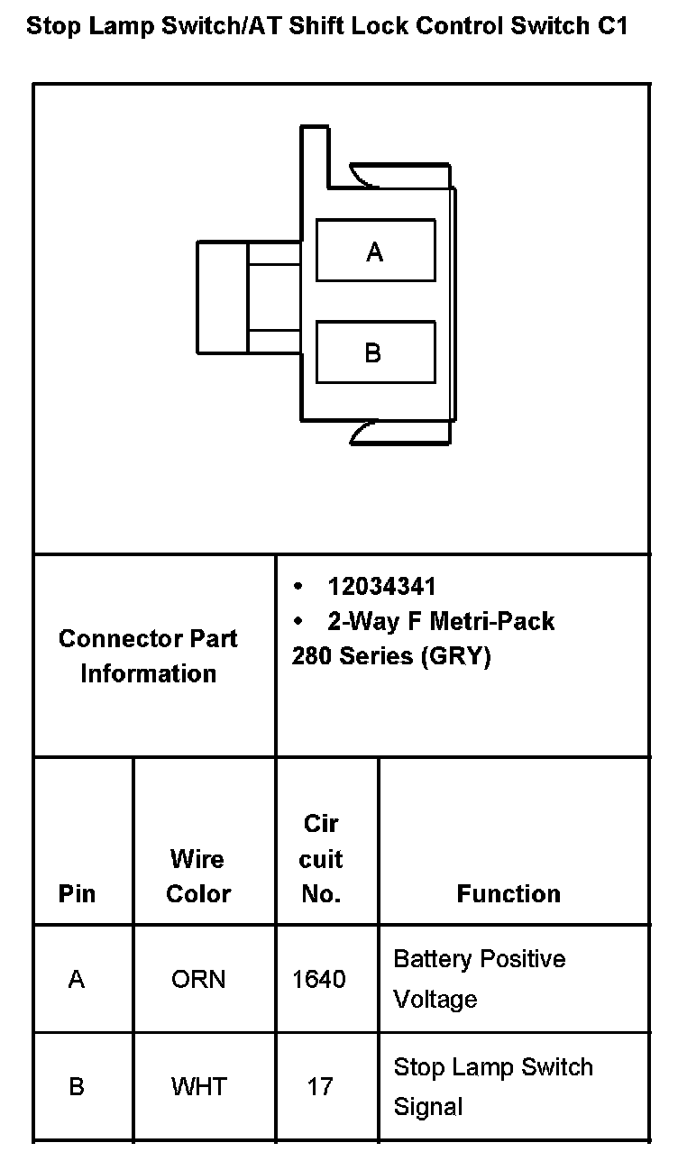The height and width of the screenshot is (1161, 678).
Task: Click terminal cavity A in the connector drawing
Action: (375, 251)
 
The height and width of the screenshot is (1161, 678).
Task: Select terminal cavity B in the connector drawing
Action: (375, 352)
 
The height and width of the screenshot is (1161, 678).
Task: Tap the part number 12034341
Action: (381, 587)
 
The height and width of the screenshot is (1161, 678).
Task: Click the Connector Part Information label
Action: (148, 656)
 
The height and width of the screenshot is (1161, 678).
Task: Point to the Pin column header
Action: (77, 893)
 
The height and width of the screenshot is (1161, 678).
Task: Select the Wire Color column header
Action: (198, 876)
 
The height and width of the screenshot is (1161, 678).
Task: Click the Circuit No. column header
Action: (321, 859)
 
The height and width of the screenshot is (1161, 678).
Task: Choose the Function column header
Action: (508, 893)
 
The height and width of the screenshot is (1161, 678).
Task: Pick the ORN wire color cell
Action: (198, 979)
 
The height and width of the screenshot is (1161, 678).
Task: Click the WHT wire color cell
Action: (198, 1086)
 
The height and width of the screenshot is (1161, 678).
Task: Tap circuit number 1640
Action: (319, 979)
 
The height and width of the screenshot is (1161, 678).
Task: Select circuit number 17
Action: (320, 1086)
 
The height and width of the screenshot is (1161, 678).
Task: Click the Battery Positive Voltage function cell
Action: (479, 978)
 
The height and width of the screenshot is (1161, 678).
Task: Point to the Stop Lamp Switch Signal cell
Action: (492, 1086)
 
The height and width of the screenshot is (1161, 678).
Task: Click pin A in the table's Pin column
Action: (77, 979)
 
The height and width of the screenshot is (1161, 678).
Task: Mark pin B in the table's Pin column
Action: (77, 1086)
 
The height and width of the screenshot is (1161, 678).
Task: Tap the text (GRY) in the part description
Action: (455, 656)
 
